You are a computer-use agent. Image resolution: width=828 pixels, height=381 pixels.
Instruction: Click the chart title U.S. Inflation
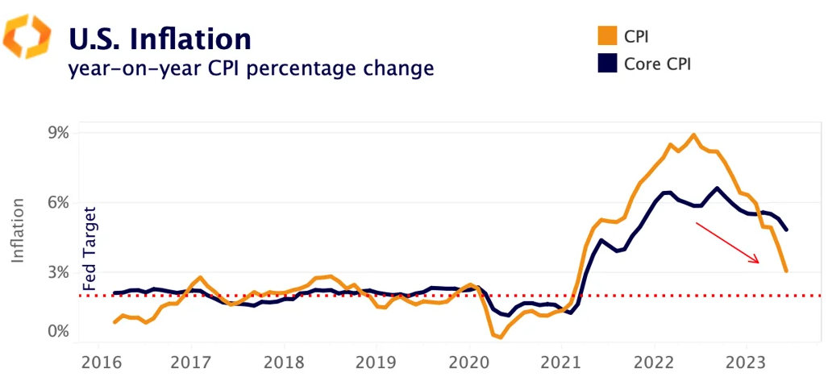160,39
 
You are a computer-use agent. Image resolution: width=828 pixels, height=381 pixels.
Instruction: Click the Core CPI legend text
657,64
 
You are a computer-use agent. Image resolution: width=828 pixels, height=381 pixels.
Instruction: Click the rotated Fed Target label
89,249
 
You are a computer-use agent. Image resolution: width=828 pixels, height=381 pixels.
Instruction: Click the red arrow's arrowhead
756,260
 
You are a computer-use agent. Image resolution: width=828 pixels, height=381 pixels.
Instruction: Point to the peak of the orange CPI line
693,135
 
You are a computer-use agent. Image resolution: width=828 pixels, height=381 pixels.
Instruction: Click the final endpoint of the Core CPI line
786,230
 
